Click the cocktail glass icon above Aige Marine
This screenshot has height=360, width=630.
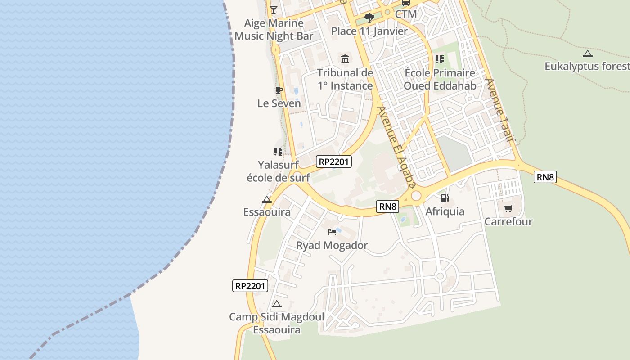[x=273, y=9]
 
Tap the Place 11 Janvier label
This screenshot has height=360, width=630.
[x=369, y=31]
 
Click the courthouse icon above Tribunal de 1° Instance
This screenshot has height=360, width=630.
[x=345, y=59]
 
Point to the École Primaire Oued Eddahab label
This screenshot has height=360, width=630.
[x=439, y=79]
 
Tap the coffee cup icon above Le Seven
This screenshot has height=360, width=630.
[x=279, y=90]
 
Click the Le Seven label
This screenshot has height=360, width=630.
[x=279, y=103]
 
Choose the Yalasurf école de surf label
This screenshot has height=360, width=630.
[x=278, y=171]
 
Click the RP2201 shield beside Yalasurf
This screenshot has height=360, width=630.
[x=333, y=162]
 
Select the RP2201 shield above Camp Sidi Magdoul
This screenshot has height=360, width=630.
[x=250, y=285]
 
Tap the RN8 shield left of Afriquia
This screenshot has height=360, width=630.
[x=388, y=207]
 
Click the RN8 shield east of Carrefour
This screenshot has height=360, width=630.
[x=545, y=177]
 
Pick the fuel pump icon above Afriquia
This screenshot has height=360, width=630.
[x=445, y=198]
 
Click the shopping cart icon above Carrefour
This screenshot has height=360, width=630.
[x=508, y=208]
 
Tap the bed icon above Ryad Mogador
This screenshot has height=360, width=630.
[x=332, y=232]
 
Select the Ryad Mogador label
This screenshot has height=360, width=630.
[x=332, y=245]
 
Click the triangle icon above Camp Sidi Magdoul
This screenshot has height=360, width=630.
[x=276, y=304]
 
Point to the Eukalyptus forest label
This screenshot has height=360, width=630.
[x=587, y=67]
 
